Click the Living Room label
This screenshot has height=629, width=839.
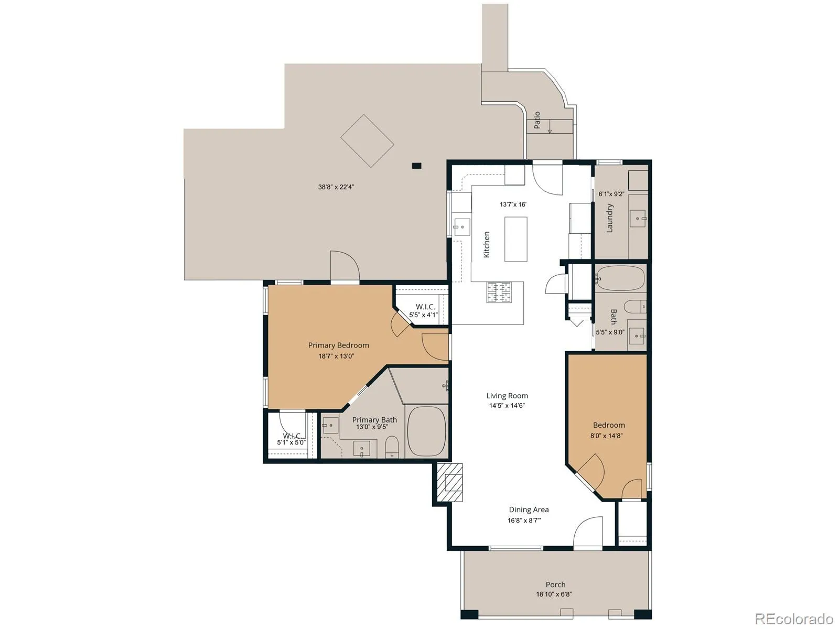tap(507, 396)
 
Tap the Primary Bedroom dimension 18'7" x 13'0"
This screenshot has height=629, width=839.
tap(336, 356)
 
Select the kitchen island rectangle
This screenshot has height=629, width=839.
tap(515, 239)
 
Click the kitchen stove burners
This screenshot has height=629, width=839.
tap(499, 292)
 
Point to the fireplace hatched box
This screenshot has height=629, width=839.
tap(449, 482)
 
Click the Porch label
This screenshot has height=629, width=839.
tap(555, 584)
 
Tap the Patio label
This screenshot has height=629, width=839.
tap(537, 120)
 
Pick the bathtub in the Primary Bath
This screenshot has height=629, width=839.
tap(426, 431)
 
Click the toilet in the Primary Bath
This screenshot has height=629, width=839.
tap(392, 447)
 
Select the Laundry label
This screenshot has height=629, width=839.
tap(610, 218)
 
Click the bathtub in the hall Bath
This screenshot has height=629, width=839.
tap(620, 278)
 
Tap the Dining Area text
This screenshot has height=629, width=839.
tap(529, 509)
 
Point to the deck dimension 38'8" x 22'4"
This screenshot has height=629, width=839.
tap(336, 187)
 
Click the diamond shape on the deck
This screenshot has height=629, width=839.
tap(367, 141)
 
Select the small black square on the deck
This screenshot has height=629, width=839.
tap(417, 166)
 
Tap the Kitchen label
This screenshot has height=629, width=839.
tap(487, 244)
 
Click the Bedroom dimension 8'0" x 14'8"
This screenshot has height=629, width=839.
tap(606, 436)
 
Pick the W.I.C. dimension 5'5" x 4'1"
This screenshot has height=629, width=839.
tap(423, 314)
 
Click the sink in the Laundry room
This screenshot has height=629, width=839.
tap(638, 219)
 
